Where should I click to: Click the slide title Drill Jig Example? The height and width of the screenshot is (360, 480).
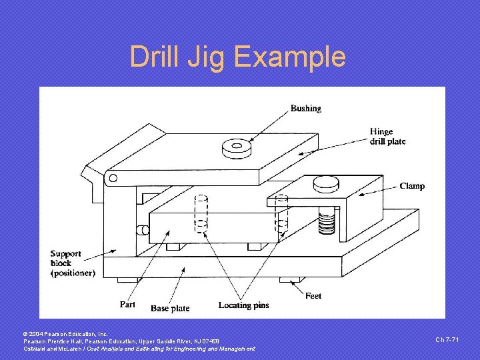(x=238, y=57)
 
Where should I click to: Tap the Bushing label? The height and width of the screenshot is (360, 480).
(x=305, y=108)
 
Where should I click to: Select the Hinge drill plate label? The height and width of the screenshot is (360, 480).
(x=387, y=137)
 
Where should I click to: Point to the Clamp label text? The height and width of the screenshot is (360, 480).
(x=412, y=186)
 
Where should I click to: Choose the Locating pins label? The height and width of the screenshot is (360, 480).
(x=243, y=305)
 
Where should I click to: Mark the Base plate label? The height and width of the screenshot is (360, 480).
(x=170, y=308)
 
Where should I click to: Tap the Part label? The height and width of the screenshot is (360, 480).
(x=127, y=304)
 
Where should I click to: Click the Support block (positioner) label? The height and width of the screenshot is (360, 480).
(x=72, y=263)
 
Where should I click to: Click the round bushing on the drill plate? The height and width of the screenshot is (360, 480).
(x=235, y=146)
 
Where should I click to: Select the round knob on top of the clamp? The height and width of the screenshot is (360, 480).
(x=327, y=181)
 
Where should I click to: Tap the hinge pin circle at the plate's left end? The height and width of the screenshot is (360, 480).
(x=113, y=178)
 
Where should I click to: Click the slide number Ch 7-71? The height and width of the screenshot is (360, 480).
(x=447, y=340)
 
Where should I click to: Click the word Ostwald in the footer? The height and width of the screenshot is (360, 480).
(x=37, y=349)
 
